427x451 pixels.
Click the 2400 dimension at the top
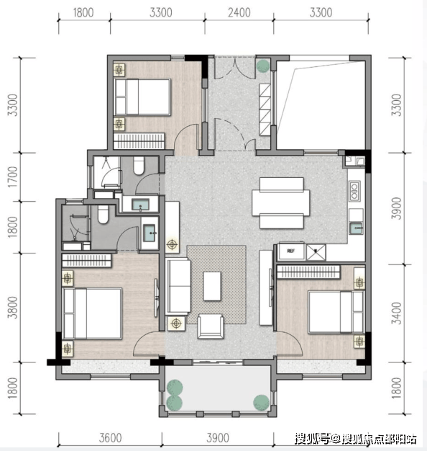tap(239, 13)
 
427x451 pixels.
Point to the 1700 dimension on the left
tap(13, 177)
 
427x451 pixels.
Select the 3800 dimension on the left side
tap(13, 308)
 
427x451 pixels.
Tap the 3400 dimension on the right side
tap(397, 313)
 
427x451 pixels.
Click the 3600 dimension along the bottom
tap(111, 438)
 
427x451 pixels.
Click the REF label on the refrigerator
tap(290, 251)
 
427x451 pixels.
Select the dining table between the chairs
tap(281, 202)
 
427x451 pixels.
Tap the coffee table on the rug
tap(212, 286)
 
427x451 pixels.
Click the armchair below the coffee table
tap(211, 326)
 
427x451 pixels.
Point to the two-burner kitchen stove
tap(354, 191)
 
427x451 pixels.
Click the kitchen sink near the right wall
tap(356, 228)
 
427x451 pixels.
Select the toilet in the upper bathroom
tap(139, 166)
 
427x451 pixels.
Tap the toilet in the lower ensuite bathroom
tap(103, 214)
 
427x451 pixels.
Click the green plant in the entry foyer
tap(263, 66)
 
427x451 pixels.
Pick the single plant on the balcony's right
tap(261, 402)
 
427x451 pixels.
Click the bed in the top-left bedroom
tap(142, 97)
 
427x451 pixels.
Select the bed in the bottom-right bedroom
tap(336, 312)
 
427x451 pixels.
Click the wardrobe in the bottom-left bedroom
tap(87, 260)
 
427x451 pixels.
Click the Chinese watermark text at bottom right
tap(356, 439)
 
